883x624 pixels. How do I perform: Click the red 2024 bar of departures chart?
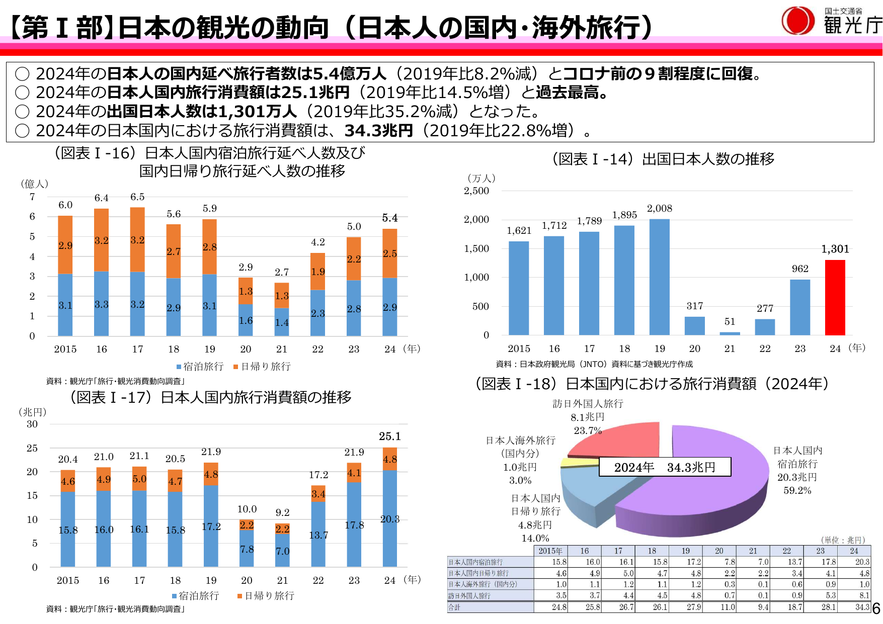click(835, 298)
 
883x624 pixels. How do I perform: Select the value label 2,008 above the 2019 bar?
click(659, 209)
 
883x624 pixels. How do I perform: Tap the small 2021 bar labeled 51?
click(730, 333)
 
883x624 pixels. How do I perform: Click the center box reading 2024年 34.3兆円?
click(665, 467)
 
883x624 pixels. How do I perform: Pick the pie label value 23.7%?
click(588, 430)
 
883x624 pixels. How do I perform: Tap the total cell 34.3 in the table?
click(862, 607)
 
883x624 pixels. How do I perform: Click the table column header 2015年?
click(550, 551)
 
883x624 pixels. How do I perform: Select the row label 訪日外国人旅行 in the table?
click(469, 596)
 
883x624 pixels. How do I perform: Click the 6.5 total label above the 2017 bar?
click(137, 197)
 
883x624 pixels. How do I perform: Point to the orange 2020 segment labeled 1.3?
click(246, 291)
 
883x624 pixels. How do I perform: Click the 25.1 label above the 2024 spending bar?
click(390, 436)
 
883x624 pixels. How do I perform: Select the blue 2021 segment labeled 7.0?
click(282, 551)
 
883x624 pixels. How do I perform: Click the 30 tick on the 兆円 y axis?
click(32, 424)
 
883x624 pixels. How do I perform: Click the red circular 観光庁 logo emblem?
click(797, 21)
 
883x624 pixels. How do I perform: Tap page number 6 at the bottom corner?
click(876, 609)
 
